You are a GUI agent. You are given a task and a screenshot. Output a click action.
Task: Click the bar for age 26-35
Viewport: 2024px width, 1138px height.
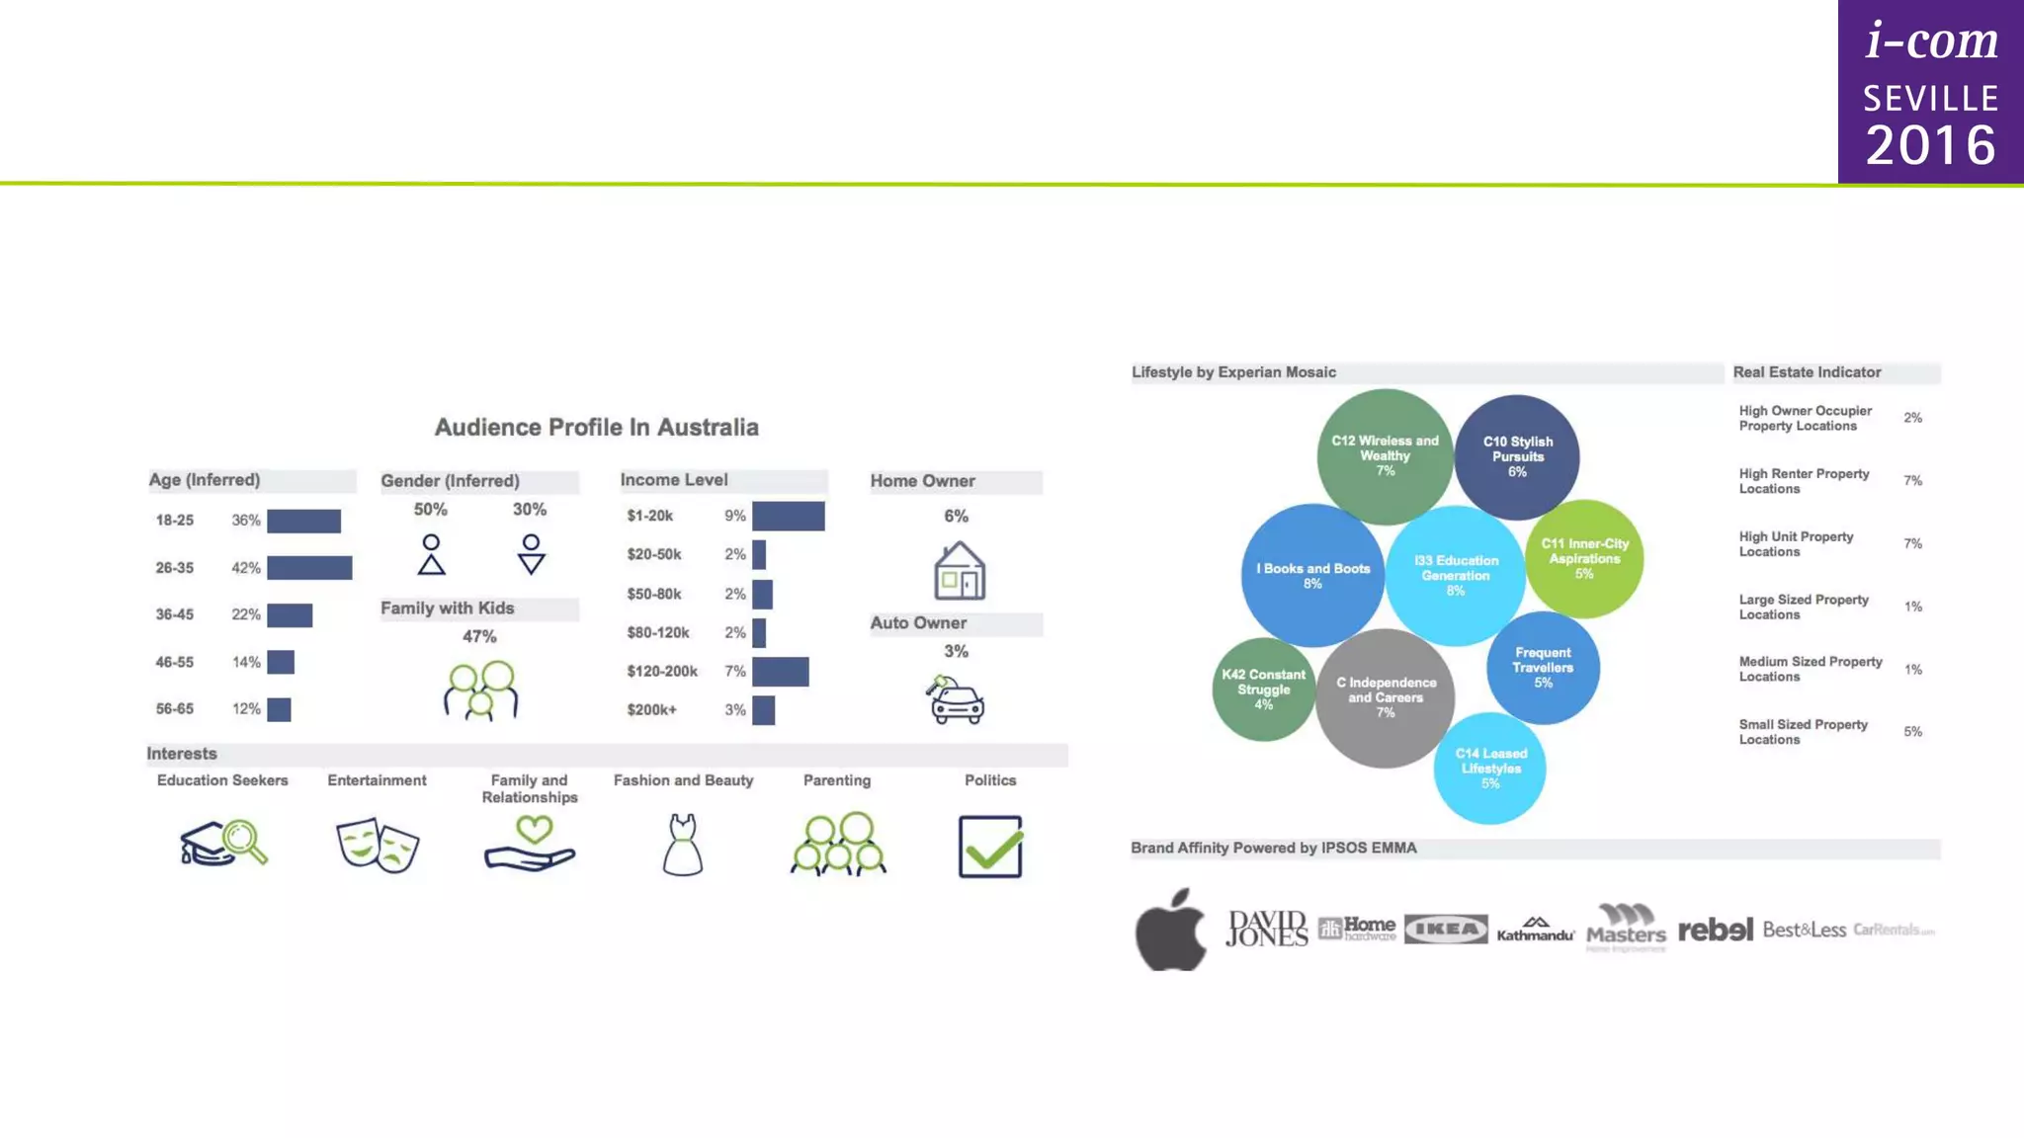pyautogui.click(x=308, y=568)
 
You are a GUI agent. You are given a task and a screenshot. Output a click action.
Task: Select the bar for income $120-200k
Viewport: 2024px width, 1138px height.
pyautogui.click(x=780, y=672)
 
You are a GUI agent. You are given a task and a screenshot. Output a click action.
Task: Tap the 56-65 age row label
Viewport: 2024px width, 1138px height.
pyautogui.click(x=174, y=709)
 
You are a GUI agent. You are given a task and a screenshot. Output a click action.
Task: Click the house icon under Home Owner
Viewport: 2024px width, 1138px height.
pyautogui.click(x=959, y=571)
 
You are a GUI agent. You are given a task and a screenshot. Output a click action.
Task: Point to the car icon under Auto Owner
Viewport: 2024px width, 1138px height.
pyautogui.click(x=955, y=700)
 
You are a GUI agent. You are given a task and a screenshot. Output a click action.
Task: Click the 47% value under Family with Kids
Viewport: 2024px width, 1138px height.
pyautogui.click(x=479, y=637)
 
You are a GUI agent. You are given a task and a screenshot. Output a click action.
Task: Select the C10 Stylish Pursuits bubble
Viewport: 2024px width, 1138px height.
pyautogui.click(x=1517, y=457)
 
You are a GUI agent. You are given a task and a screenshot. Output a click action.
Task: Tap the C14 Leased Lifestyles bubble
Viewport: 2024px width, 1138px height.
pyautogui.click(x=1490, y=769)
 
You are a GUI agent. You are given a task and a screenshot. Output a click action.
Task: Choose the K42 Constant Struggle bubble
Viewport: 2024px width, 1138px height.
pyautogui.click(x=1263, y=690)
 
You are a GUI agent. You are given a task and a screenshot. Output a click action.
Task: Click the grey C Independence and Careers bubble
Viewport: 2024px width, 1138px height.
pyautogui.click(x=1385, y=698)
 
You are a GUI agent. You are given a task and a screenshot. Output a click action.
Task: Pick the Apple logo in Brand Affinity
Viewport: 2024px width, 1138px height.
pyautogui.click(x=1171, y=930)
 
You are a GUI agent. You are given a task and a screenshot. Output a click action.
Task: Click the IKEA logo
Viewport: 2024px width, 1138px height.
pyautogui.click(x=1445, y=930)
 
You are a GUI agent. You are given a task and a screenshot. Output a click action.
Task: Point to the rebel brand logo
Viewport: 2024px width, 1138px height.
pyautogui.click(x=1715, y=930)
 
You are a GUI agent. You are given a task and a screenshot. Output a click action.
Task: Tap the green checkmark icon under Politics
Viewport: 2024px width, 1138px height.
pyautogui.click(x=990, y=847)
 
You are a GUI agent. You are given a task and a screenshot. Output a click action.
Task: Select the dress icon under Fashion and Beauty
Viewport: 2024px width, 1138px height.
pyautogui.click(x=682, y=846)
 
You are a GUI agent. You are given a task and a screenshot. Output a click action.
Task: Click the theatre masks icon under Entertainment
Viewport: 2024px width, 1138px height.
pyautogui.click(x=378, y=845)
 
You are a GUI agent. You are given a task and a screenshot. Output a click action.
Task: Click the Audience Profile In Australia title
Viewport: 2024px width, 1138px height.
pyautogui.click(x=597, y=428)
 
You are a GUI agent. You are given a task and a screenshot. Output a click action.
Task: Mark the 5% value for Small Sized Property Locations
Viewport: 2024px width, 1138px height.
pyautogui.click(x=1912, y=732)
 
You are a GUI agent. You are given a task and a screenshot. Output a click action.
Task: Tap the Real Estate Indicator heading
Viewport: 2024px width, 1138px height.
pyautogui.click(x=1807, y=372)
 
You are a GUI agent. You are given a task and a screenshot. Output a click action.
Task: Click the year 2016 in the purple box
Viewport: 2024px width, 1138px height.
pyautogui.click(x=1930, y=145)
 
